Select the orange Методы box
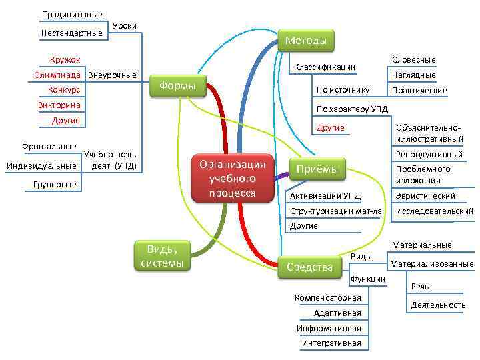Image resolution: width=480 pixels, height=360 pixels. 306,41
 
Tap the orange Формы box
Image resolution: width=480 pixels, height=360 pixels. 179,86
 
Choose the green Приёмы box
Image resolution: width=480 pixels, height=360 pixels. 317,169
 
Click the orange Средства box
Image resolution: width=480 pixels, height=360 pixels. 309,267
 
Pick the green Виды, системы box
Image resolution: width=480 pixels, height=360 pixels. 163,256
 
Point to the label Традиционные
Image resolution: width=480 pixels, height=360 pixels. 73,15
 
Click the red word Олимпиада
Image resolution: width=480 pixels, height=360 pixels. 57,75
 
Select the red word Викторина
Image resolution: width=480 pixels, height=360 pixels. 59,105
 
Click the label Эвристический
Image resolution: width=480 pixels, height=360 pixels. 425,196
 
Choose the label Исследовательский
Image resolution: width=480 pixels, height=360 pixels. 434,212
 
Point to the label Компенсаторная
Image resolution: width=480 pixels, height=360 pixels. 327,297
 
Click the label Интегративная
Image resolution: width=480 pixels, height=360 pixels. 331,343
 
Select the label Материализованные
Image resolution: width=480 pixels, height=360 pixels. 431,264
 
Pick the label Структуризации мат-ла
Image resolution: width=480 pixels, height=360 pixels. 336,211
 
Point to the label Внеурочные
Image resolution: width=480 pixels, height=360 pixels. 112,75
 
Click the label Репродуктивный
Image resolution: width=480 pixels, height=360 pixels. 429,155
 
